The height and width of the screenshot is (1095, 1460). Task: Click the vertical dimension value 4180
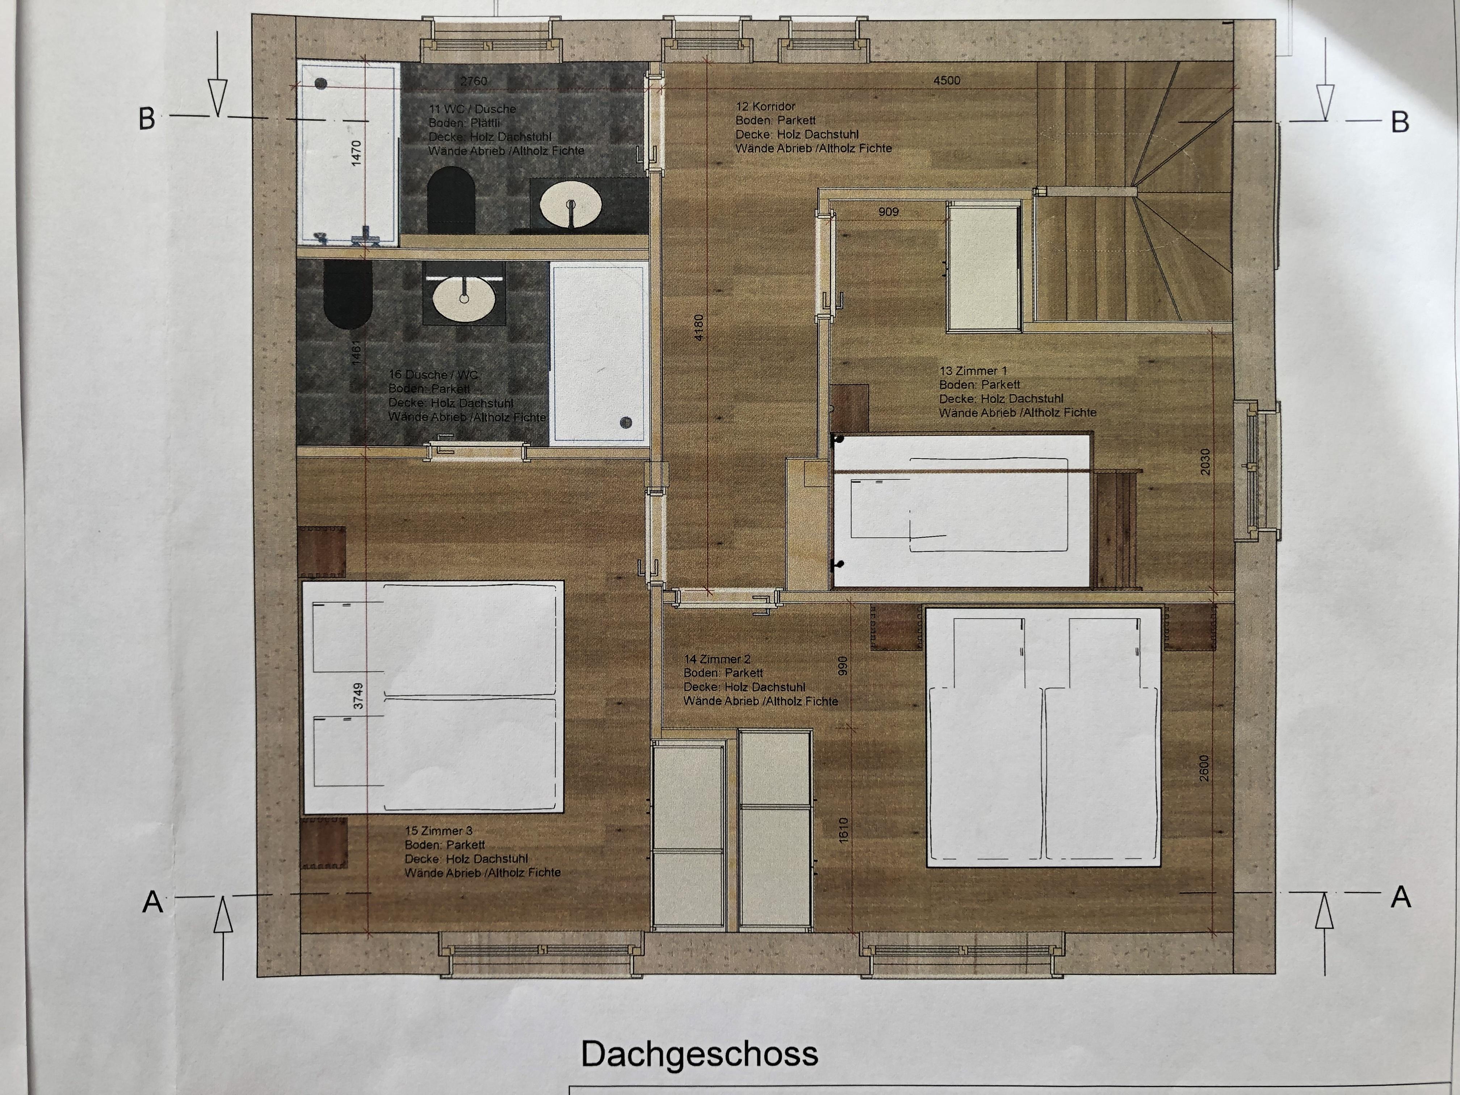pyautogui.click(x=700, y=327)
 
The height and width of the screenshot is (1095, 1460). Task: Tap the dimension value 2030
pyautogui.click(x=1205, y=462)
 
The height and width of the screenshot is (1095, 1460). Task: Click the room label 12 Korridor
pyautogui.click(x=765, y=106)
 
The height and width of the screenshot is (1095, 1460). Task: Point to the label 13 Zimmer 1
pyautogui.click(x=973, y=371)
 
